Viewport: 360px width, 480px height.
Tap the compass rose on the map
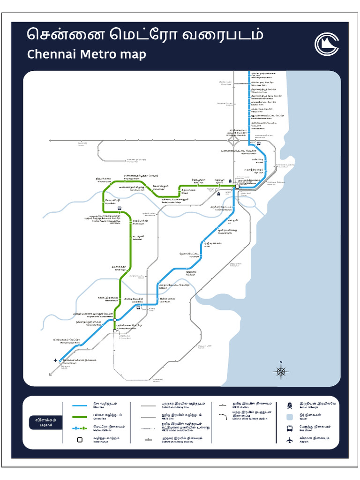(281, 372)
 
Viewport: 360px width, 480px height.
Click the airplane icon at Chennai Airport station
(56, 360)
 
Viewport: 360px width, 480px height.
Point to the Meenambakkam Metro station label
(67, 341)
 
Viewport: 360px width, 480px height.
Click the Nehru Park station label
(199, 181)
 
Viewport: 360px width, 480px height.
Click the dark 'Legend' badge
(45, 422)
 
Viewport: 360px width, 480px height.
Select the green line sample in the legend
(80, 416)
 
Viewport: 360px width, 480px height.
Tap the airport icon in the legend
(290, 440)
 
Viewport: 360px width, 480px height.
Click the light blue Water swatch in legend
(290, 416)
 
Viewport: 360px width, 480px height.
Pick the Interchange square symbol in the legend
(80, 440)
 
